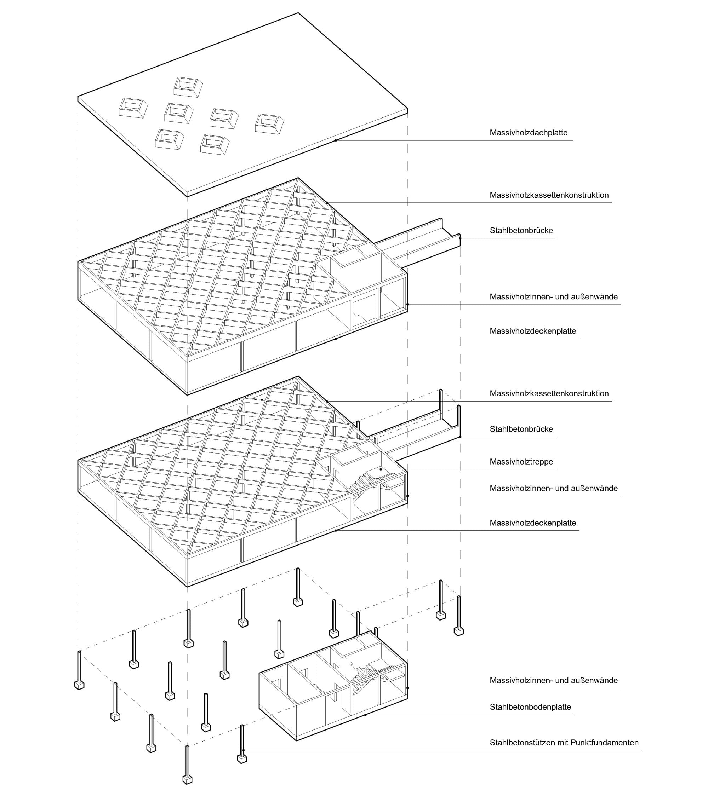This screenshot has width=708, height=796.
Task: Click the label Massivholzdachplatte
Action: [529, 133]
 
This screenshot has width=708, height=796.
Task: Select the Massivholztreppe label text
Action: [521, 462]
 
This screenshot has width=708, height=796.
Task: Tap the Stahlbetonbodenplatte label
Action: [530, 707]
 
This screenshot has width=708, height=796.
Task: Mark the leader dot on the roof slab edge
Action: [336, 140]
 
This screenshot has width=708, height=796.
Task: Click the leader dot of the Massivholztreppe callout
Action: [381, 470]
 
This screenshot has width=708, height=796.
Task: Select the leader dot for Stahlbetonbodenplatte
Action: [365, 715]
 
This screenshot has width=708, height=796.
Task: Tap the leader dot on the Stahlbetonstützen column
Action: [243, 750]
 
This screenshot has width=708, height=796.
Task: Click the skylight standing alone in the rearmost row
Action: [188, 86]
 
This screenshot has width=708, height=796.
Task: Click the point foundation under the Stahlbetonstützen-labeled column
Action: [242, 769]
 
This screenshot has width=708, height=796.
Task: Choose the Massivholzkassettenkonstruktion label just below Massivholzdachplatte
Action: [549, 195]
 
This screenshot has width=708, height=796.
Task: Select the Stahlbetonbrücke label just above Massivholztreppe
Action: [521, 429]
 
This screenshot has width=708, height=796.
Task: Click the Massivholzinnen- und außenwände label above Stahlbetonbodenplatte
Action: [553, 680]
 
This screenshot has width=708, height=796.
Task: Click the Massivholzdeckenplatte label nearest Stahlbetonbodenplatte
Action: [533, 523]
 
